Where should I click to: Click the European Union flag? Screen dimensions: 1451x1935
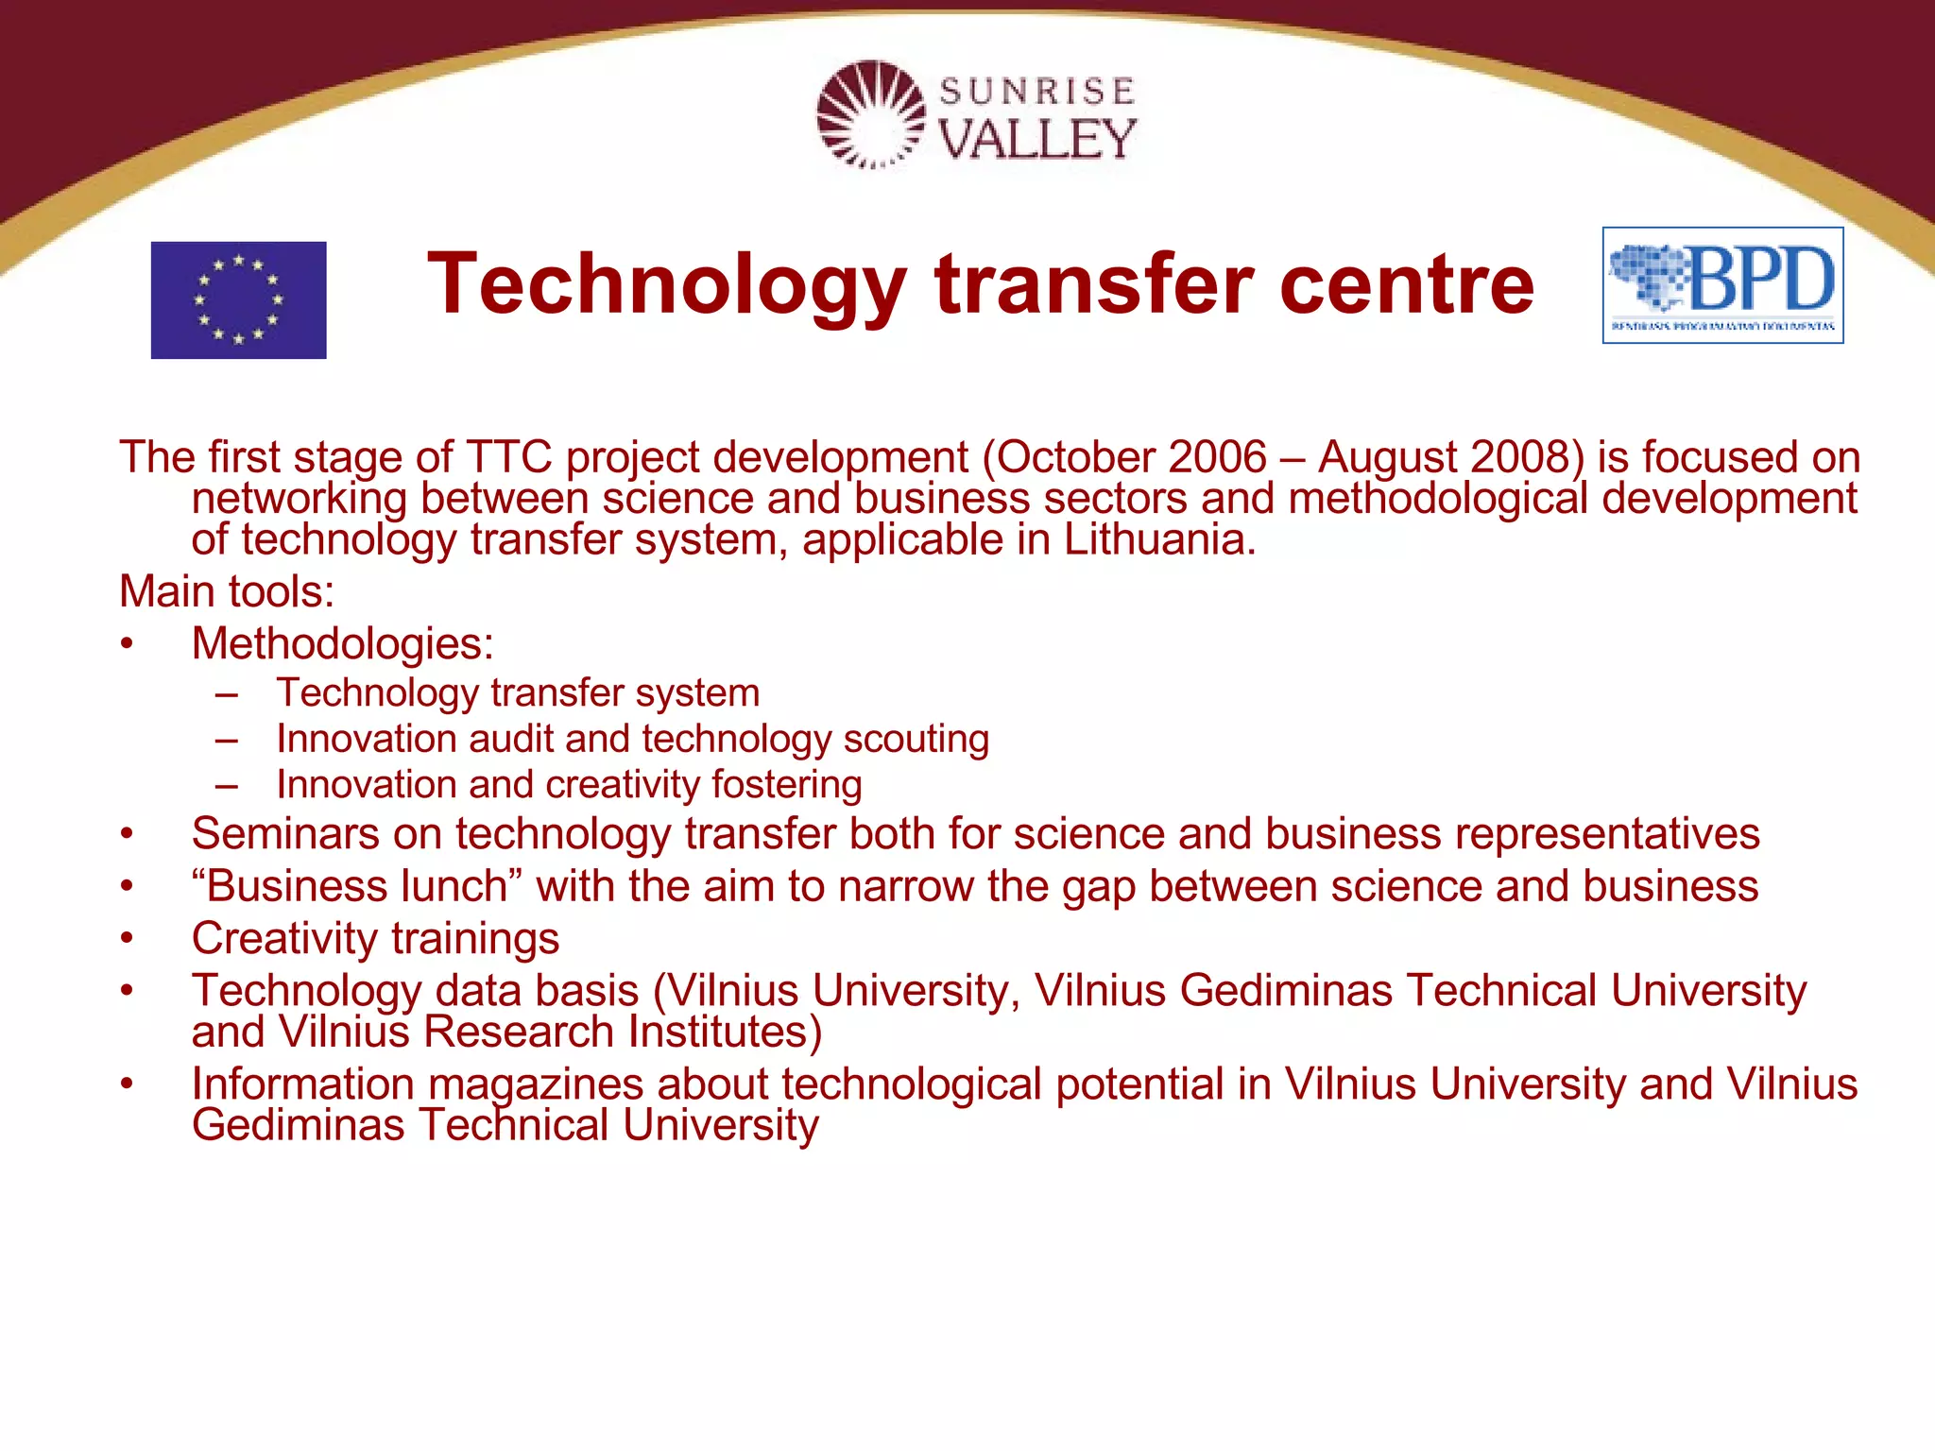[238, 299]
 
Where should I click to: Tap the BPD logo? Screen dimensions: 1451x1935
[1722, 285]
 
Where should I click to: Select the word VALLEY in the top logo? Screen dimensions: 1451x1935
[1037, 140]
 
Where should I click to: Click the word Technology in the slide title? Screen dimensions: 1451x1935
[667, 284]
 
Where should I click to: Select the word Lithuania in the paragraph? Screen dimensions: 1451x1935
[1158, 539]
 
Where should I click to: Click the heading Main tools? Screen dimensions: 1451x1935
[227, 591]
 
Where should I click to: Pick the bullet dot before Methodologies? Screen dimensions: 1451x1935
[127, 644]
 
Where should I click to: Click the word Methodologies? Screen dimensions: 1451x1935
[342, 644]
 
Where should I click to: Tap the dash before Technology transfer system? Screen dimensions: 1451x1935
[226, 694]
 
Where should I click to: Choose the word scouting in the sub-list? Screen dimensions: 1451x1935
[916, 739]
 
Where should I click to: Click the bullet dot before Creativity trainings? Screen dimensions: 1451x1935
[127, 939]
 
